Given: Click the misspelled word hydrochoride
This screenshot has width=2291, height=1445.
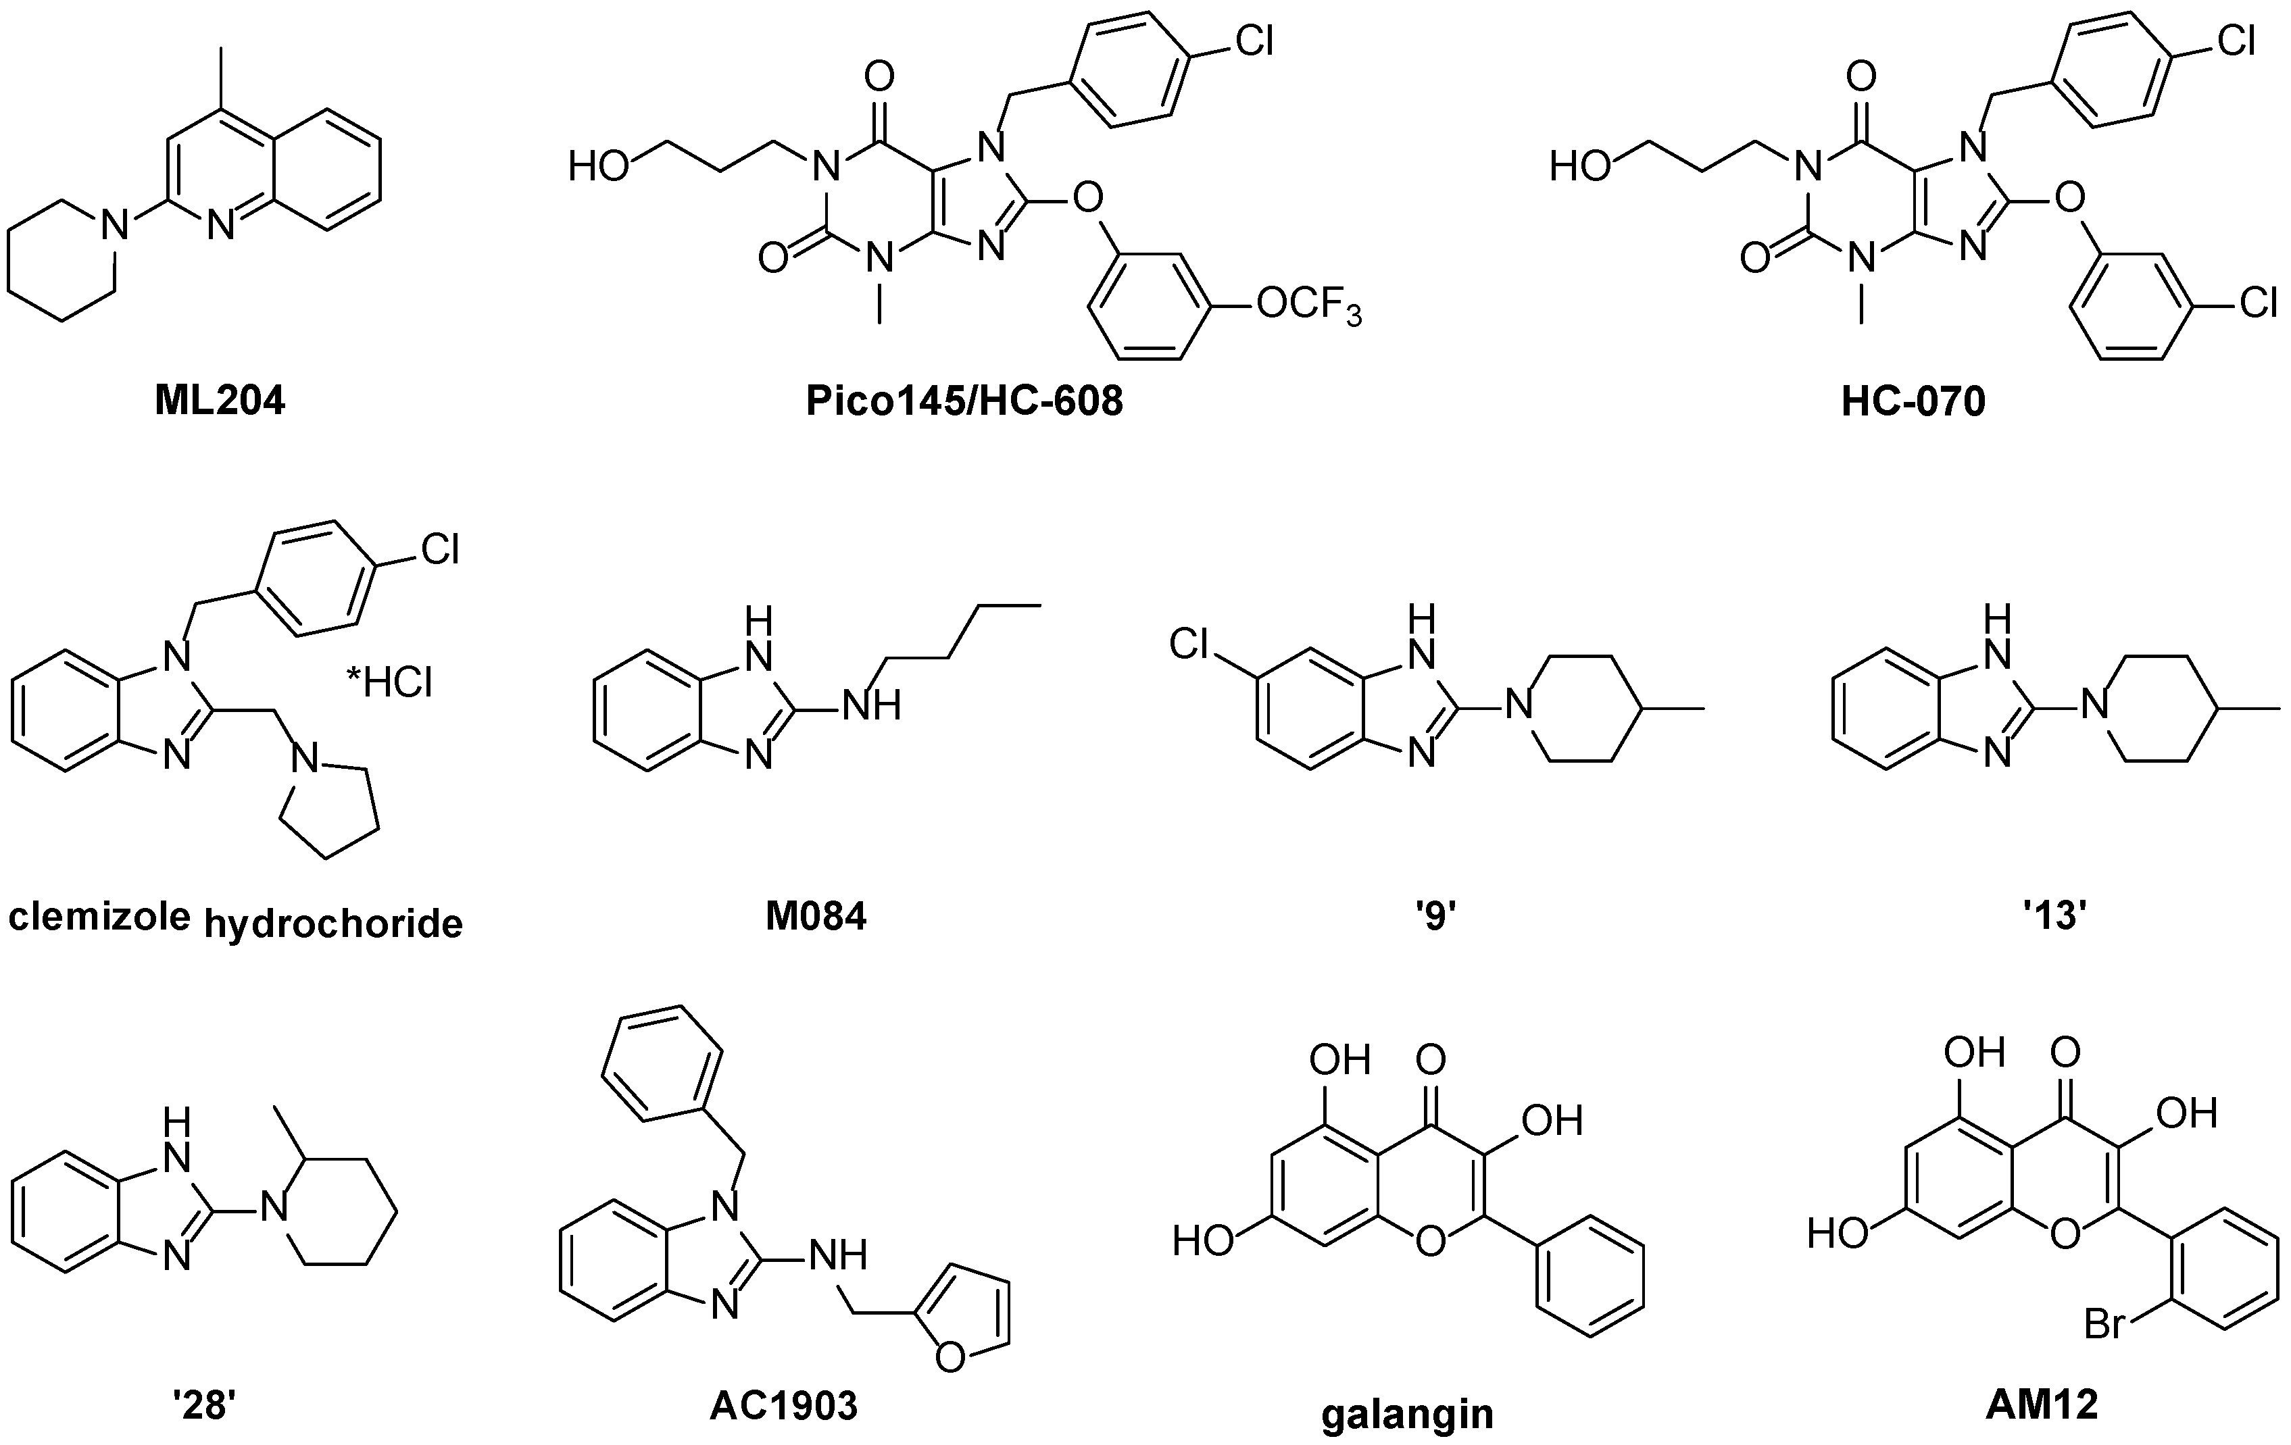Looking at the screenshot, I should [x=333, y=923].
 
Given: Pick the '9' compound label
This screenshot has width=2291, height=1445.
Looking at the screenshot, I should [x=1435, y=916].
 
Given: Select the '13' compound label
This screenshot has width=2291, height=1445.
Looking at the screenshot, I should [x=2056, y=916].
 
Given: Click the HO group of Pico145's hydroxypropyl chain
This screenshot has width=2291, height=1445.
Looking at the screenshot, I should [x=599, y=168].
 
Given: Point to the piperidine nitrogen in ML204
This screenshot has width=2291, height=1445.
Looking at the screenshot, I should [x=115, y=226].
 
